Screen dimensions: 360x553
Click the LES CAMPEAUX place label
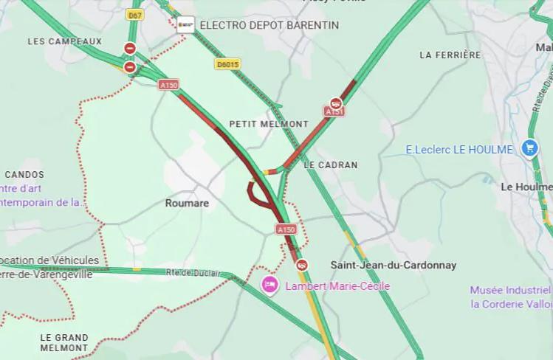(x=65, y=41)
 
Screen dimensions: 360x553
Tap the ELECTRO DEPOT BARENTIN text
(x=269, y=25)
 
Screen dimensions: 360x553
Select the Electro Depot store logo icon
(x=186, y=25)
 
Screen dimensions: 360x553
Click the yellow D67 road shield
(x=134, y=15)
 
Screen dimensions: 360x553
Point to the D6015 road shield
(x=227, y=64)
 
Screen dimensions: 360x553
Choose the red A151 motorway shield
(x=334, y=111)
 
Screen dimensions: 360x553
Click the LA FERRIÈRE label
(x=450, y=55)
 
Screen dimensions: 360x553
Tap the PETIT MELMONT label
(x=269, y=124)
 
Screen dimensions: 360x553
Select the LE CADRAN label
(x=330, y=165)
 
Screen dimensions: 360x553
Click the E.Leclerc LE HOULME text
(x=458, y=149)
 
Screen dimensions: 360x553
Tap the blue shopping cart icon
(x=529, y=148)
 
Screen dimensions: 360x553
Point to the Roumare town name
(x=187, y=203)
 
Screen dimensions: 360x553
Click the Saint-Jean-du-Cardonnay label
(x=393, y=265)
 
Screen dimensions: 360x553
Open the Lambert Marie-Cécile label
(x=337, y=286)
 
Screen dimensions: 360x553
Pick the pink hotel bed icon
(x=270, y=285)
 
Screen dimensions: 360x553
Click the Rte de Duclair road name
(x=193, y=273)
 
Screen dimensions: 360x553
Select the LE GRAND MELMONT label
(x=64, y=342)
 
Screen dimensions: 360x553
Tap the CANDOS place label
(x=24, y=175)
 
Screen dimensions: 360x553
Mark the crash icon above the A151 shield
(x=336, y=103)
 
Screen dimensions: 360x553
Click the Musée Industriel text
(x=510, y=290)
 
